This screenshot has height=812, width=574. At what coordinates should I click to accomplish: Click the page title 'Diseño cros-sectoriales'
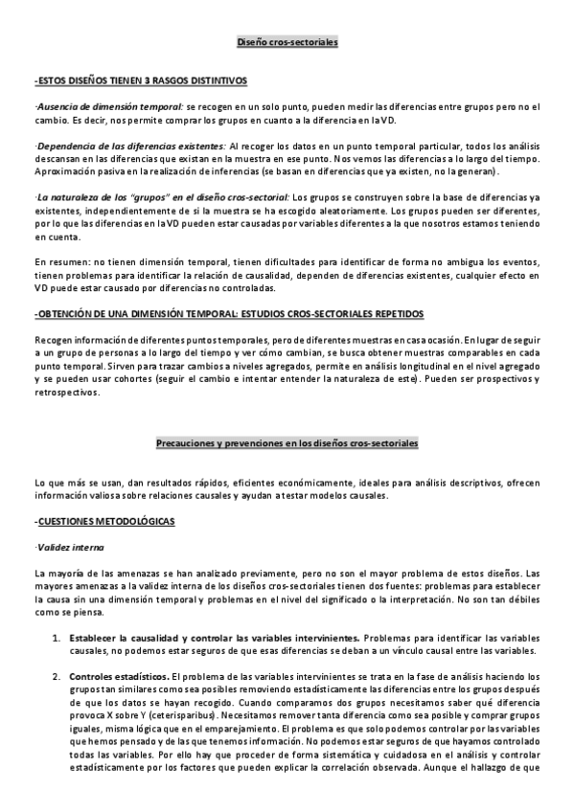coord(287,43)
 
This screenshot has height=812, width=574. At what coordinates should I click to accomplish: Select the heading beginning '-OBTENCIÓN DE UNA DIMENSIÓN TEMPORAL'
coord(229,314)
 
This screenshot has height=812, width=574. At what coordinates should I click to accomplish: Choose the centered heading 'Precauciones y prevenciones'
coord(287,443)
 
